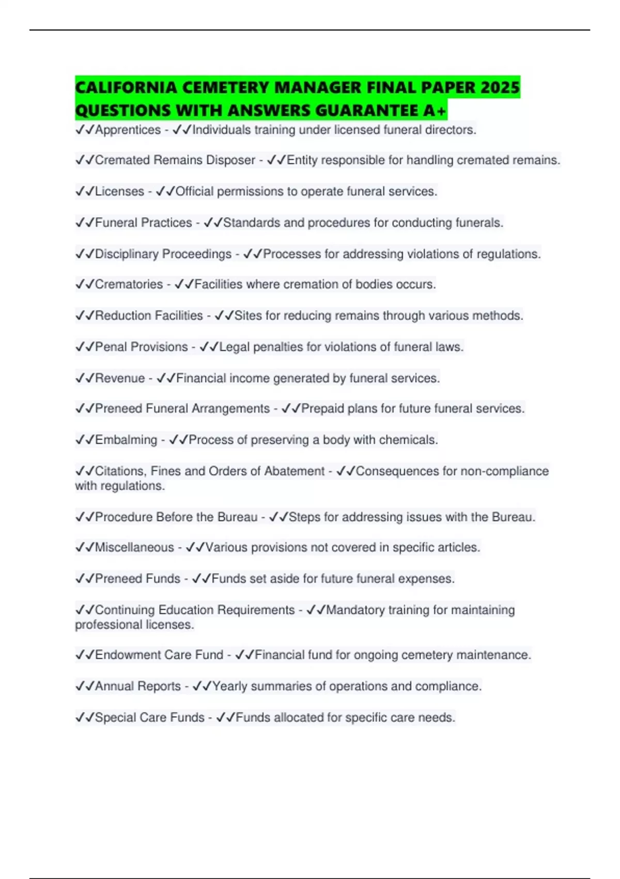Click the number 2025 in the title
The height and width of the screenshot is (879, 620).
499,87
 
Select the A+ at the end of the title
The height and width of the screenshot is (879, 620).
435,111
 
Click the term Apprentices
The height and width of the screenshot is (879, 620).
128,130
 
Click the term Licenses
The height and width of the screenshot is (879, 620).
119,191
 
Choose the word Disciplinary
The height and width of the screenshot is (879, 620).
127,254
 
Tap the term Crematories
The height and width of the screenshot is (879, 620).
129,284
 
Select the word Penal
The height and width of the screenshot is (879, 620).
111,346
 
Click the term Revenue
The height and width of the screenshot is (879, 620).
120,378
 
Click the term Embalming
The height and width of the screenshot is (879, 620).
126,439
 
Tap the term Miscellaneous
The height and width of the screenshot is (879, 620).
134,547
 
